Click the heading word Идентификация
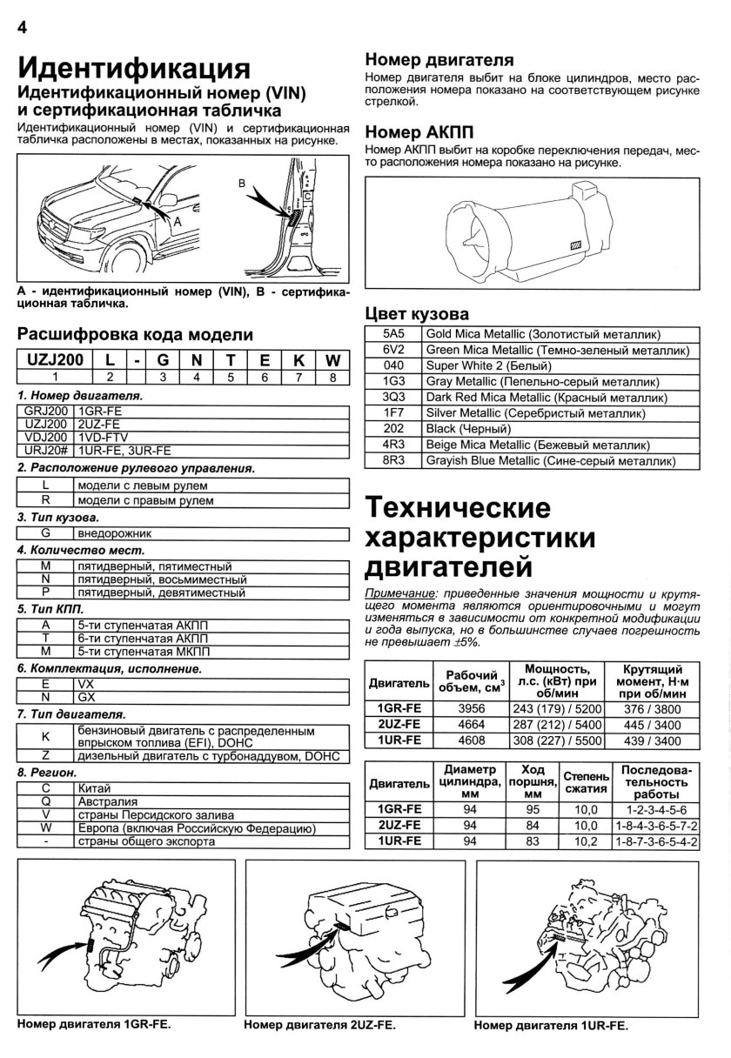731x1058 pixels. click(135, 67)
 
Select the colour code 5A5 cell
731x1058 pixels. click(394, 335)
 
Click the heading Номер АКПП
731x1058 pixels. click(419, 131)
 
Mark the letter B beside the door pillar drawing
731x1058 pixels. click(243, 184)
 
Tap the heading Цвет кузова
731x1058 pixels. click(416, 314)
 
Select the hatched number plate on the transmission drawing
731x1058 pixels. click(575, 246)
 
